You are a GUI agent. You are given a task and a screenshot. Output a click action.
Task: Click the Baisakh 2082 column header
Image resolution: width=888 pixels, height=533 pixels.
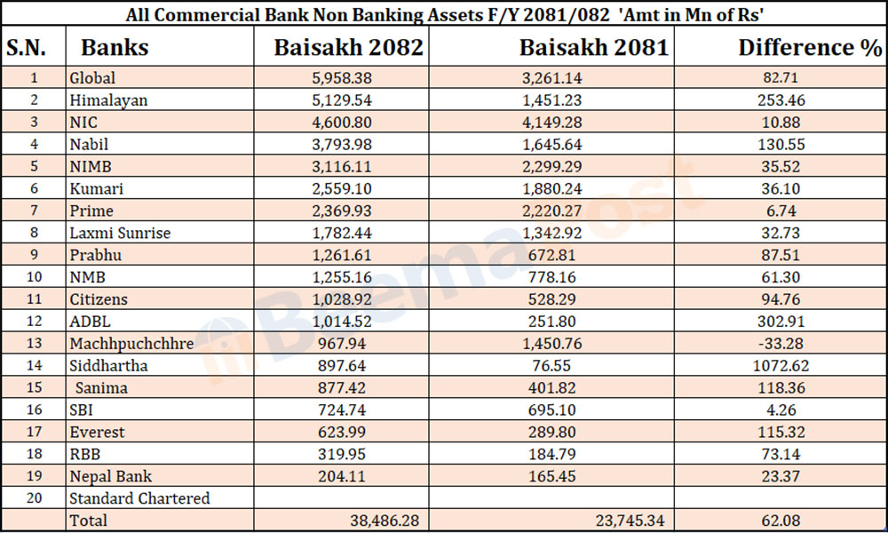(348, 47)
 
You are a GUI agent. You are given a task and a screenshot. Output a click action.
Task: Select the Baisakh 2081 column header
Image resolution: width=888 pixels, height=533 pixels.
(593, 47)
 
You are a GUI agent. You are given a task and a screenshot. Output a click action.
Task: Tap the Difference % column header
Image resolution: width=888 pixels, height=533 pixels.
(810, 47)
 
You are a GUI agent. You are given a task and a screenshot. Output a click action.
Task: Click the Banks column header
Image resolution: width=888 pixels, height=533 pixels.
(115, 47)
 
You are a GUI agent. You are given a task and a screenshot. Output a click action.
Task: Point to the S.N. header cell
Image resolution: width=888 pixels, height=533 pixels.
(34, 47)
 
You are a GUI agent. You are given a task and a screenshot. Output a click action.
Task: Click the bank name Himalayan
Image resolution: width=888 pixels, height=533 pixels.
(108, 100)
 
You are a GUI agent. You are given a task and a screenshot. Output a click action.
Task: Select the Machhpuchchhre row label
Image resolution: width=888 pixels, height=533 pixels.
(131, 344)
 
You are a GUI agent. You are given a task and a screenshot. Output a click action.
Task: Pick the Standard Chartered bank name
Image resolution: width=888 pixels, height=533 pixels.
(139, 498)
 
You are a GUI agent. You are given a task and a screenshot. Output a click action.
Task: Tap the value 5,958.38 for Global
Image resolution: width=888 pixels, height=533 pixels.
(348, 78)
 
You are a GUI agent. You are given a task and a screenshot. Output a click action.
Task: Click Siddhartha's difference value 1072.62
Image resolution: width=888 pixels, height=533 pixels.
(781, 366)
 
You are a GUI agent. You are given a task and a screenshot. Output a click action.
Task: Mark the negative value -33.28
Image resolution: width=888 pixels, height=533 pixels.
(781, 344)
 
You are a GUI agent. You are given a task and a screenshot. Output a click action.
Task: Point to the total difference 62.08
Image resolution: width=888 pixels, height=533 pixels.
(781, 521)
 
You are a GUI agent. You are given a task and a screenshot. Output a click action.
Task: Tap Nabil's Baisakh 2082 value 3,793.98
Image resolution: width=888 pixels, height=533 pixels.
(348, 145)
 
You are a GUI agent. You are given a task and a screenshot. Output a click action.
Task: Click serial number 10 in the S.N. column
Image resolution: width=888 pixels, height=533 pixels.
(34, 277)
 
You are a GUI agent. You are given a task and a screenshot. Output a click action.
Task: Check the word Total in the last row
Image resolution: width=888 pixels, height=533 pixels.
(88, 521)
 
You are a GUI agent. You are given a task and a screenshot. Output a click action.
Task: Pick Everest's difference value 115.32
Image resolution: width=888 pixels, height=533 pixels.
(781, 433)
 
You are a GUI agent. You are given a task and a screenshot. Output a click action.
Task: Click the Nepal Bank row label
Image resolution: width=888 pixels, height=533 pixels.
(109, 476)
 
